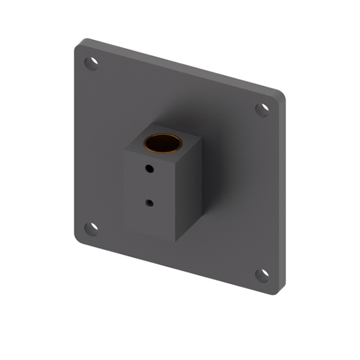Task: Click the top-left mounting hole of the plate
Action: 91,63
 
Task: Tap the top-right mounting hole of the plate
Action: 262,109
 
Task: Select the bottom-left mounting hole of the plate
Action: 91,229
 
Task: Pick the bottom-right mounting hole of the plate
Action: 262,275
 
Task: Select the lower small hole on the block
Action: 149,203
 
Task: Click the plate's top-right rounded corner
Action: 280,94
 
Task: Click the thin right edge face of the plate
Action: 282,192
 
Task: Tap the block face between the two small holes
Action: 149,187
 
